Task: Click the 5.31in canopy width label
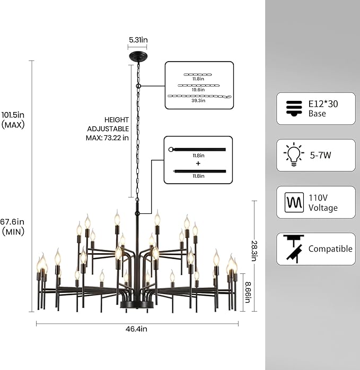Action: click(x=138, y=40)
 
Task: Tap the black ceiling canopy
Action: click(x=138, y=57)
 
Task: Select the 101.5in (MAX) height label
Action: click(x=13, y=119)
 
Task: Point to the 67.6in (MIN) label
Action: click(x=13, y=227)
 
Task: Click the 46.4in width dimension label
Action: click(x=136, y=329)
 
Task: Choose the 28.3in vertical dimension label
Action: click(x=254, y=251)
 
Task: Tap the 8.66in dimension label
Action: click(x=248, y=292)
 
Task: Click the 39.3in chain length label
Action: click(x=198, y=100)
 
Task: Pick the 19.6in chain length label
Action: click(x=198, y=90)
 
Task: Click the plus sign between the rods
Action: click(x=198, y=164)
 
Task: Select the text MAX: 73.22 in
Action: click(x=107, y=137)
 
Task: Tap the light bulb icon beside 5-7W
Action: click(x=294, y=155)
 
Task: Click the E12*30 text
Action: click(x=323, y=104)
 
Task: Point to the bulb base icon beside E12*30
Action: click(x=294, y=108)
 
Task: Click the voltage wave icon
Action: click(x=294, y=202)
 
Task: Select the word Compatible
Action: click(x=330, y=249)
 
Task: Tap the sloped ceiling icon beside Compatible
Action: click(x=294, y=249)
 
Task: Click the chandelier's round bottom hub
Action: click(x=137, y=304)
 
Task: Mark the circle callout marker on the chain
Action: click(x=138, y=85)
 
